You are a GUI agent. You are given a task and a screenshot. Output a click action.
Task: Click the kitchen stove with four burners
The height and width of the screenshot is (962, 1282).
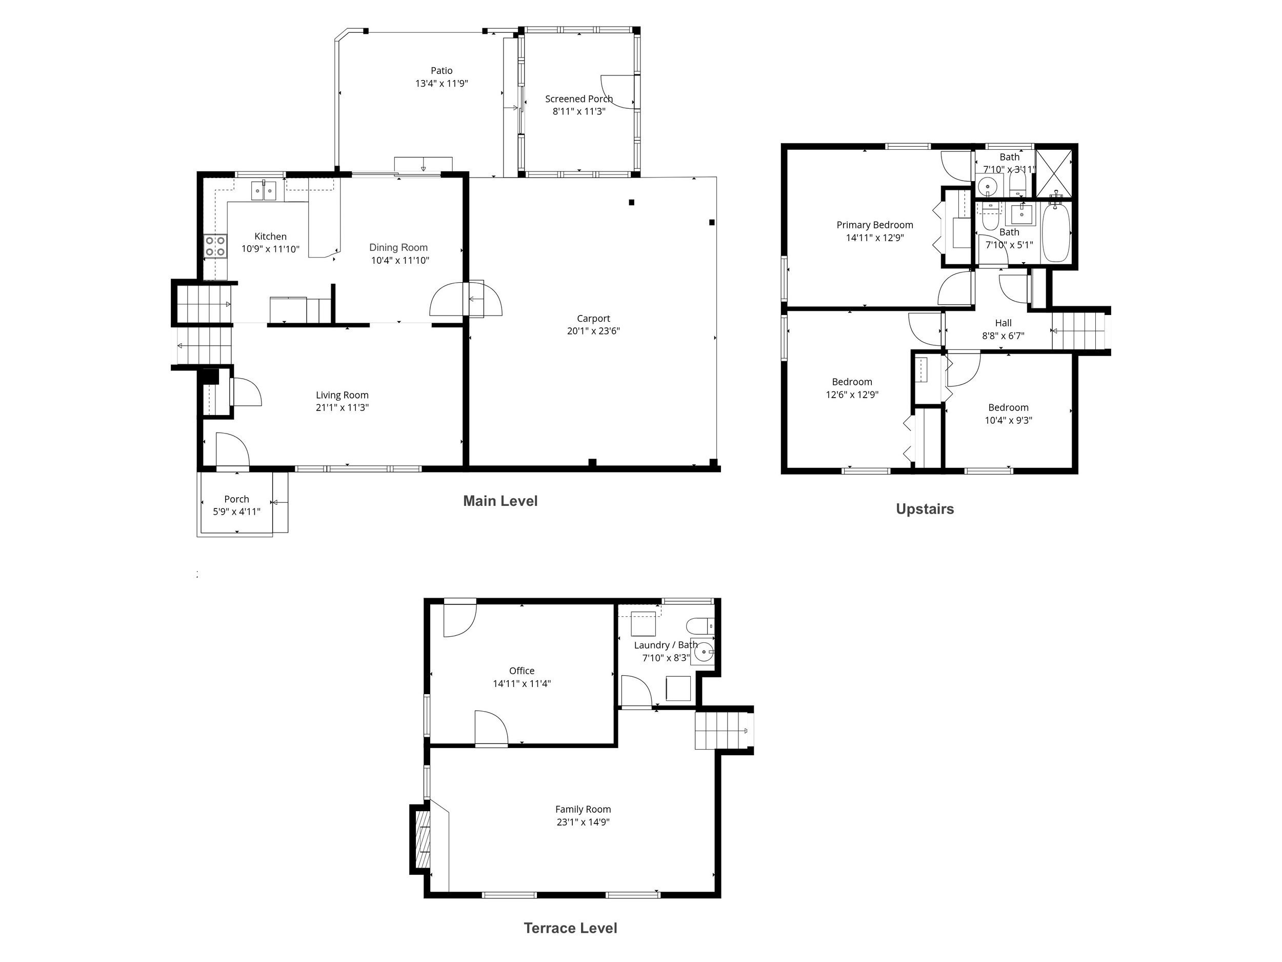click(x=215, y=246)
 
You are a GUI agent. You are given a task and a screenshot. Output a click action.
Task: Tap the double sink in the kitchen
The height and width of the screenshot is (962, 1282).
click(x=264, y=190)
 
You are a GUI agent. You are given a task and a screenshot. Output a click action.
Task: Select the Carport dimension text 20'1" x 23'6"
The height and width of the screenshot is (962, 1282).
click(x=593, y=331)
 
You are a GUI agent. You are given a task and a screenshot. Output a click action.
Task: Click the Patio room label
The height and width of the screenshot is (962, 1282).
click(x=441, y=71)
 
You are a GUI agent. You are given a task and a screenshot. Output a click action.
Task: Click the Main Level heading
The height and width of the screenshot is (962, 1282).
click(x=500, y=501)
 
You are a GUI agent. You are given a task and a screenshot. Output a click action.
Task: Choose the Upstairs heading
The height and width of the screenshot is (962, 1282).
click(x=925, y=509)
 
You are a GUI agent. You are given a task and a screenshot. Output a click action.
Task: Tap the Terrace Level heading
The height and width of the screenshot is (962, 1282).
click(x=570, y=928)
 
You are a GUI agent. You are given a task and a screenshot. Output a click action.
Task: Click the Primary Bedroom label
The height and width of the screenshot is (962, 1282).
click(x=874, y=225)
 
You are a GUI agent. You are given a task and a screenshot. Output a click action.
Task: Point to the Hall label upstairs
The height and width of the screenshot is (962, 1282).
click(x=1003, y=323)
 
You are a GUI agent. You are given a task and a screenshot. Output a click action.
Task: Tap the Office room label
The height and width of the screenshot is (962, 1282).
click(x=522, y=671)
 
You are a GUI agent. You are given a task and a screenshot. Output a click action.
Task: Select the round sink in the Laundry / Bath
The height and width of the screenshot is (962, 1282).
click(x=704, y=652)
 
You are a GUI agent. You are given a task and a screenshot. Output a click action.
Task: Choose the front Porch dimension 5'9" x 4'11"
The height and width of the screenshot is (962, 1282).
click(x=236, y=512)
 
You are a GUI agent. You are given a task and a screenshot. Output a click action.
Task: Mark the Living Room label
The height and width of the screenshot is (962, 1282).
click(x=342, y=395)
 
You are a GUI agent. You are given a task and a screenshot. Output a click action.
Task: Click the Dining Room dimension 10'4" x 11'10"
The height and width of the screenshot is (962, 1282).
click(x=400, y=260)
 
